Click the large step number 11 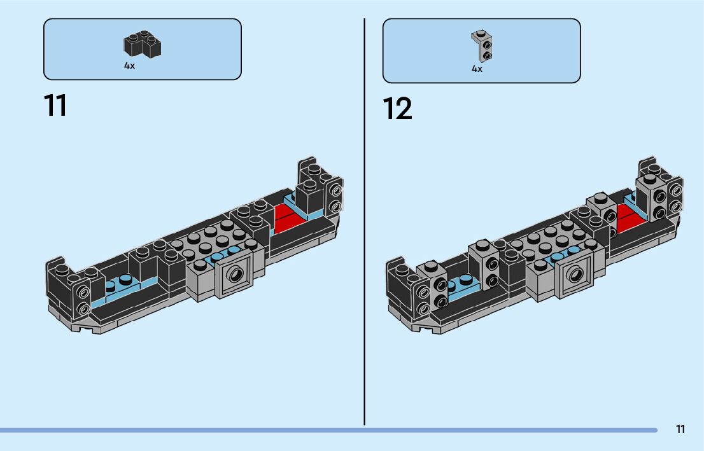point(55,106)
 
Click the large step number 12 point(398,109)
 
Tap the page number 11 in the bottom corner point(680,429)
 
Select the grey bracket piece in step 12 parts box point(482,46)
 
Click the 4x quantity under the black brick point(129,66)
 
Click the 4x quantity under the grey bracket point(477,69)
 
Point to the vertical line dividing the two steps point(364,223)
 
